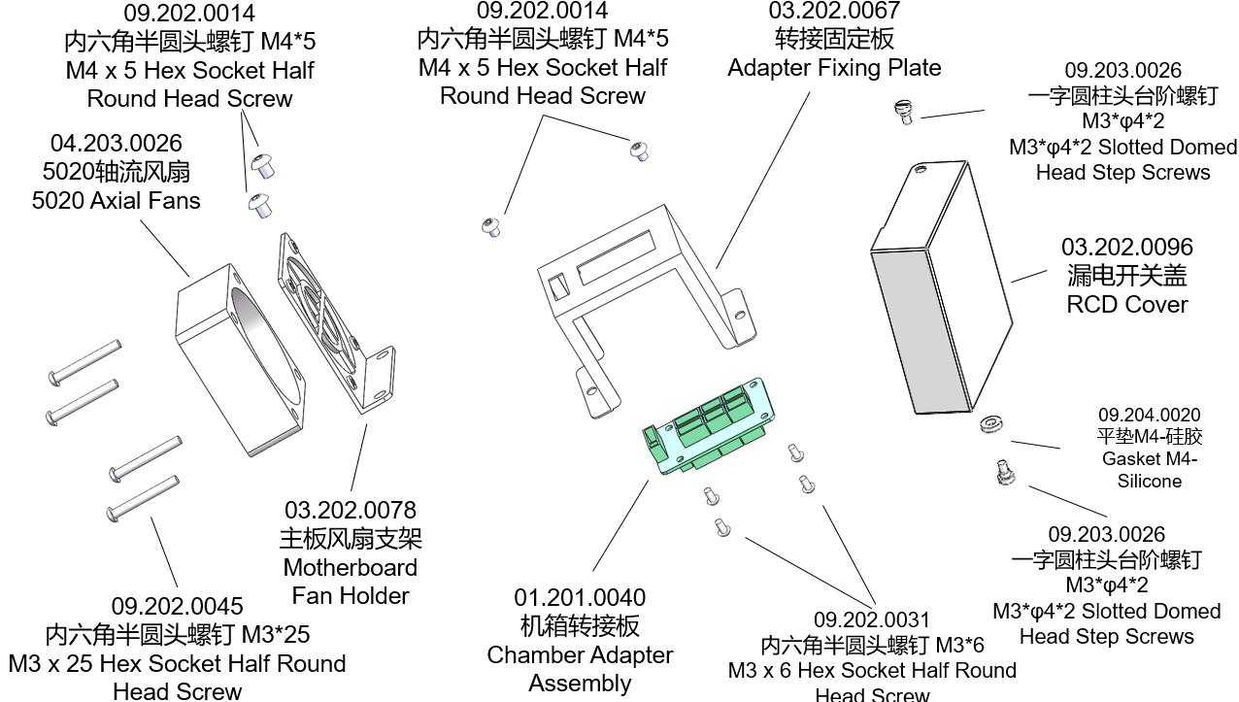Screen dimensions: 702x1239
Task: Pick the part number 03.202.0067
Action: pyautogui.click(x=834, y=12)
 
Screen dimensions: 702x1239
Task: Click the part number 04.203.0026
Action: pyautogui.click(x=116, y=144)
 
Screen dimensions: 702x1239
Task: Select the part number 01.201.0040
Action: pyautogui.click(x=580, y=597)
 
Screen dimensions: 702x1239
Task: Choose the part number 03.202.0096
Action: pyautogui.click(x=1126, y=248)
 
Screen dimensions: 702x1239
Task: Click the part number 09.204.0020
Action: pyautogui.click(x=1149, y=415)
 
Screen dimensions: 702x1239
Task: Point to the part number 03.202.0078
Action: pyautogui.click(x=350, y=510)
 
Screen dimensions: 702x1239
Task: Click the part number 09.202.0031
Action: pyautogui.click(x=871, y=619)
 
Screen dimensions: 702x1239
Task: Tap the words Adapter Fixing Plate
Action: pyautogui.click(x=834, y=68)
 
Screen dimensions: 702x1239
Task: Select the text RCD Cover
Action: pyautogui.click(x=1126, y=304)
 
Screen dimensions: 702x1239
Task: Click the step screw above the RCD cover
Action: pyautogui.click(x=904, y=113)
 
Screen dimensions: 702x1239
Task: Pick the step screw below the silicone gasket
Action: pyautogui.click(x=1005, y=475)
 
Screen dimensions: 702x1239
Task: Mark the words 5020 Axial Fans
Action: pyautogui.click(x=116, y=201)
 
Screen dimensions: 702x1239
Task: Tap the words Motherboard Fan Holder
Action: pyautogui.click(x=350, y=581)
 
